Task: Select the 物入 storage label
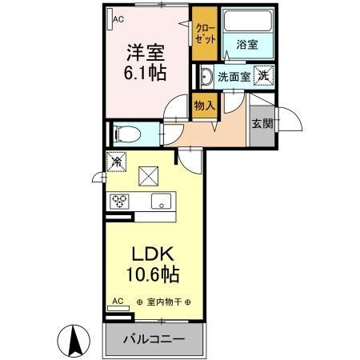click(x=204, y=104)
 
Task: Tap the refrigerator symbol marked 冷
click(x=115, y=160)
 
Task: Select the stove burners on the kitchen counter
click(x=120, y=201)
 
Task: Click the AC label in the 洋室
click(x=118, y=18)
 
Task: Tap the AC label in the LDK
click(x=118, y=302)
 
